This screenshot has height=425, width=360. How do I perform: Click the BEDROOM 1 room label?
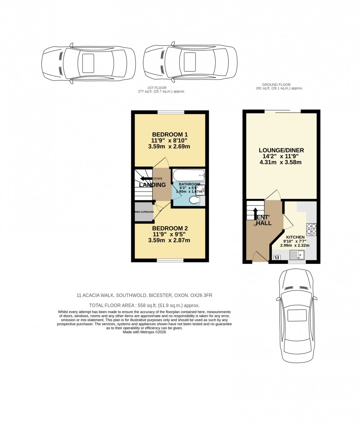[x=170, y=135]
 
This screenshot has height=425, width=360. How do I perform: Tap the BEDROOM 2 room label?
[x=170, y=228]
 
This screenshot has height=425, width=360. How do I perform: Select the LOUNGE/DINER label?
[x=281, y=150]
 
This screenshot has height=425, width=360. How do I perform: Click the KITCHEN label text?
[x=295, y=237]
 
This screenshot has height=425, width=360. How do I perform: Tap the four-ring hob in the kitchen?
[x=311, y=229]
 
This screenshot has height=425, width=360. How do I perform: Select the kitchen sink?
[x=297, y=255]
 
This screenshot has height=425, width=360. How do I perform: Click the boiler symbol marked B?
[x=277, y=258]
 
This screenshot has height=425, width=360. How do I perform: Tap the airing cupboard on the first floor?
[x=144, y=212]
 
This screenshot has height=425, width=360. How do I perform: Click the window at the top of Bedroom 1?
[x=171, y=112]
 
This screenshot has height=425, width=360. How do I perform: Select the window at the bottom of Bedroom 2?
[x=170, y=260]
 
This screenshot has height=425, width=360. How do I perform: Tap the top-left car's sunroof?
[x=88, y=63]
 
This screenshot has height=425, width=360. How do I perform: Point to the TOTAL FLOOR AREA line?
[x=144, y=306]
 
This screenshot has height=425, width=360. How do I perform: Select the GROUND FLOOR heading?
[x=276, y=85]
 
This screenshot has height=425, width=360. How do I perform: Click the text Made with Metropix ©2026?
[x=144, y=332]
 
